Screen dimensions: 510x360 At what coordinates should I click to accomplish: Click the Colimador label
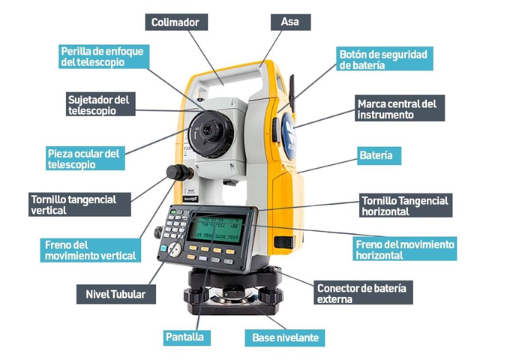point(176,22)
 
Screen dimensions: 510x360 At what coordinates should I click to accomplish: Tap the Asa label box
point(290,22)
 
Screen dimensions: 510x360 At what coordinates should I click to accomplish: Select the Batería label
point(379,156)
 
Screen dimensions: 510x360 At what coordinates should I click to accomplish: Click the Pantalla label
point(187,337)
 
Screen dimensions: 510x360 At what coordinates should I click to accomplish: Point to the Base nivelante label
point(284,338)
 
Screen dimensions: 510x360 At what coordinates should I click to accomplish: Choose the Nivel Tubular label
point(115,294)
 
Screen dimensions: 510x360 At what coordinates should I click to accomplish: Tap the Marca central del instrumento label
point(400,108)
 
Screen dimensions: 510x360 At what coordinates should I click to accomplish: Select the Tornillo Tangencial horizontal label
point(406,205)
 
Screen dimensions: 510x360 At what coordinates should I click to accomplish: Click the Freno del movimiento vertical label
point(91,250)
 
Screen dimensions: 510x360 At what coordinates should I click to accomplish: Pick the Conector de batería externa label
point(363,292)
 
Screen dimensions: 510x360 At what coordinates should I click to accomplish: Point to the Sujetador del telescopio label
point(100,104)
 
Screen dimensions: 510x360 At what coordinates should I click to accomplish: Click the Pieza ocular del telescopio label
point(85,158)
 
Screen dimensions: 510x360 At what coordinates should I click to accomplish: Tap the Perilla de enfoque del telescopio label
point(104,56)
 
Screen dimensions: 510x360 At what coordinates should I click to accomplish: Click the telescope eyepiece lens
point(208,130)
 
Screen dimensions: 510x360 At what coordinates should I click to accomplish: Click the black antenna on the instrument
point(292,93)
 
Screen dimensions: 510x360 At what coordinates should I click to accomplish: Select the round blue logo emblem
point(289,136)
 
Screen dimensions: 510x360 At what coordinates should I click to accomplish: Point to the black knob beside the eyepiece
point(179,172)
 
